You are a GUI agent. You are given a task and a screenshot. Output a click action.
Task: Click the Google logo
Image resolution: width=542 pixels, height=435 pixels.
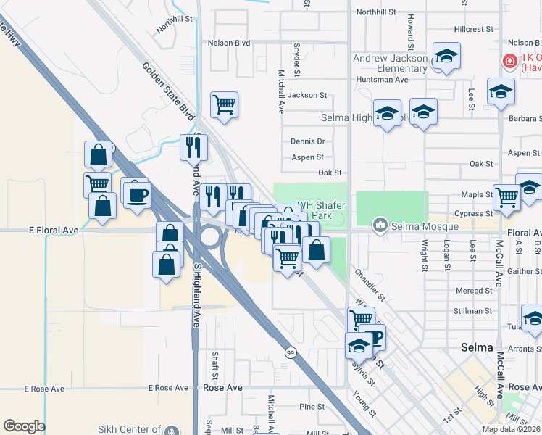[x=25, y=426]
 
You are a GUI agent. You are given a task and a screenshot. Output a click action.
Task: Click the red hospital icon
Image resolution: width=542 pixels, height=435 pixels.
[x=510, y=61]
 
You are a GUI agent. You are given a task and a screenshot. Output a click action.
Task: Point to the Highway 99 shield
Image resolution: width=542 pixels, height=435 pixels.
[x=290, y=352]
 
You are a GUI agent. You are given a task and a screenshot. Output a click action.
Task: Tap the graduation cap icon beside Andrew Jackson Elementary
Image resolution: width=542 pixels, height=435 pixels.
[x=446, y=57]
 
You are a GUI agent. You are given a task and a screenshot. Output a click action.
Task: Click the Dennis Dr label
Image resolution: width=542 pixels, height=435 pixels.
[x=307, y=141]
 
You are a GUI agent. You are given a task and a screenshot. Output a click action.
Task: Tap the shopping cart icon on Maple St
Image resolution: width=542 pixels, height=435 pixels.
[x=506, y=196]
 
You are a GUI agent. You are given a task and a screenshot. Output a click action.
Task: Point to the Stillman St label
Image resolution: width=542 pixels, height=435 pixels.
[x=475, y=311]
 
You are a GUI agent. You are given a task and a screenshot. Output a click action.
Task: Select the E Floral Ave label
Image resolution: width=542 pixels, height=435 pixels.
[x=53, y=231]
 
